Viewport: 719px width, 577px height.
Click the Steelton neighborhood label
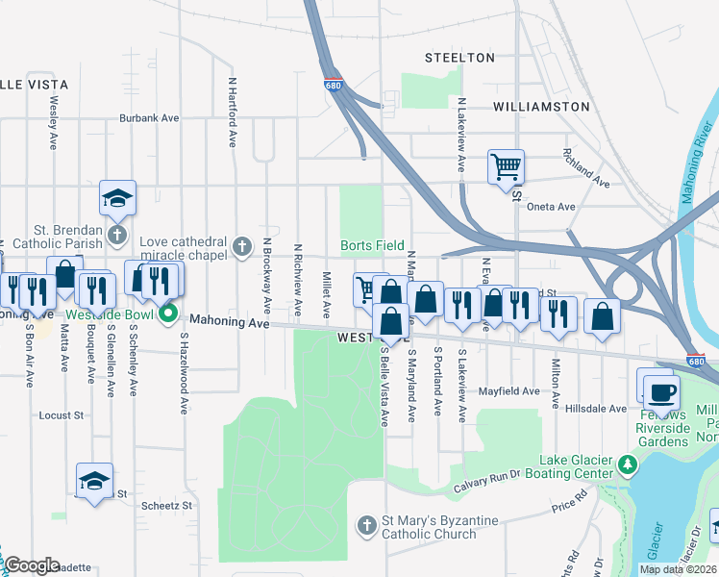coord(459,58)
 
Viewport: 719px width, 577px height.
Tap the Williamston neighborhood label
coord(540,106)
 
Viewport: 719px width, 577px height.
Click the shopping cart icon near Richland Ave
coord(506,167)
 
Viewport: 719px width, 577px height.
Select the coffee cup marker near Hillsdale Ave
coord(662,392)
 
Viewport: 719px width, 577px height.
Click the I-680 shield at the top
coord(333,86)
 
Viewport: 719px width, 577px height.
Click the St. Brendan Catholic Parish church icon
coord(115,236)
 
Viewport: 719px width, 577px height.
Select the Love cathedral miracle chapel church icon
coord(241,247)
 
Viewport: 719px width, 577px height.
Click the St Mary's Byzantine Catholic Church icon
coord(365,525)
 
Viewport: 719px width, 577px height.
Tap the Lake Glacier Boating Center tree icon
coord(628,465)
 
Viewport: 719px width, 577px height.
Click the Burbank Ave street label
coord(150,118)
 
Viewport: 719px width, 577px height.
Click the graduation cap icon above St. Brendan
coord(117,198)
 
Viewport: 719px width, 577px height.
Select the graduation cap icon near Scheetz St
coord(94,480)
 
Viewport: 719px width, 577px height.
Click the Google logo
coord(32,565)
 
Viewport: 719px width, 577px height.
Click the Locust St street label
coord(62,416)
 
